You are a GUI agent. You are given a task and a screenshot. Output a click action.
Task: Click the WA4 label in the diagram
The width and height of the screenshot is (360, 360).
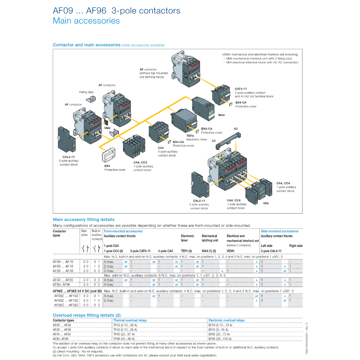(x=221, y=115)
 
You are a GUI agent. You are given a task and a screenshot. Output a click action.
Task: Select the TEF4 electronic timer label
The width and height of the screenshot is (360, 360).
(x=190, y=136)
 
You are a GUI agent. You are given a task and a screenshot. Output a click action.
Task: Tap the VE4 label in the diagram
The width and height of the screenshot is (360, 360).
(x=266, y=203)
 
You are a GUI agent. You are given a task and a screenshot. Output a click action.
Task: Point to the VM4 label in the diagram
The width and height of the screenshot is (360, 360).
(x=107, y=128)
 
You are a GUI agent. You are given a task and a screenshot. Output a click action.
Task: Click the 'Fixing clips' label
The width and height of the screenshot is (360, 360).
(x=86, y=92)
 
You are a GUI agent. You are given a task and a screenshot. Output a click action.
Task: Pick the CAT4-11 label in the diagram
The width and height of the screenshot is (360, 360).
(x=240, y=89)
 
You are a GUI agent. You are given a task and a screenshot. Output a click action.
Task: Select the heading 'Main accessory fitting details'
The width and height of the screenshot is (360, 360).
(x=83, y=219)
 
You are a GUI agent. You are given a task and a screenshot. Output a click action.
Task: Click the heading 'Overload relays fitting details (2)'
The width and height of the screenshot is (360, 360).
(x=86, y=315)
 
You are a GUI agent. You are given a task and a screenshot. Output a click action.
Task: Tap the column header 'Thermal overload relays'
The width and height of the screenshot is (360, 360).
(x=130, y=321)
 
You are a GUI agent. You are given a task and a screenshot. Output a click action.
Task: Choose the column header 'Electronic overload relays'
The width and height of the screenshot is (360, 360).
(x=226, y=321)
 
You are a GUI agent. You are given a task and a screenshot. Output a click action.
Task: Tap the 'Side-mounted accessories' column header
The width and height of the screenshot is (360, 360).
(x=279, y=231)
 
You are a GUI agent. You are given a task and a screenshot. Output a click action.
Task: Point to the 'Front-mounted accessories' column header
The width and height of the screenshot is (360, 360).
(x=123, y=231)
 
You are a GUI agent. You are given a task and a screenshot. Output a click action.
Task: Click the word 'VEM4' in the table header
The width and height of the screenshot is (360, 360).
(x=231, y=251)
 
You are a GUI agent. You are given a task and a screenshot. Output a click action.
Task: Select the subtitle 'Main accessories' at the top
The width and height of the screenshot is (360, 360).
(x=86, y=21)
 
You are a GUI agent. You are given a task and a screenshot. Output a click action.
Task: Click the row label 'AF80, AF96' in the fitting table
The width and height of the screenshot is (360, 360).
(x=62, y=284)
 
